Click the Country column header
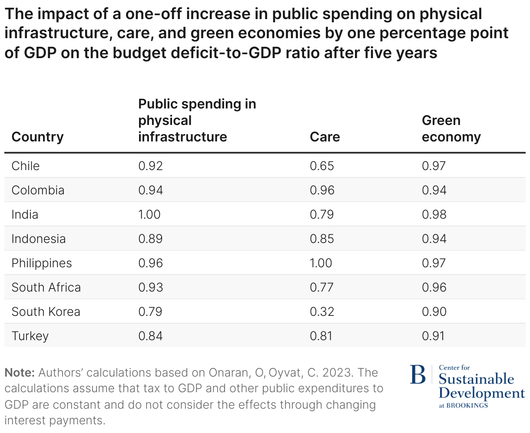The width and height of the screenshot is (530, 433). pyautogui.click(x=37, y=137)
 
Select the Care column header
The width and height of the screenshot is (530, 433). pyautogui.click(x=325, y=137)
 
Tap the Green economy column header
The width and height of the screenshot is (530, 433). pyautogui.click(x=451, y=128)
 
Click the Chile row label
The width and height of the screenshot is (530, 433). pyautogui.click(x=26, y=166)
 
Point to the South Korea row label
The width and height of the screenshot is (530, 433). pyautogui.click(x=46, y=312)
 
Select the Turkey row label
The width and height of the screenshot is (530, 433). pyautogui.click(x=30, y=336)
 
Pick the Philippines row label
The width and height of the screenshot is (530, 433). pyautogui.click(x=42, y=263)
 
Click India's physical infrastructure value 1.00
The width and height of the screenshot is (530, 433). pyautogui.click(x=149, y=214)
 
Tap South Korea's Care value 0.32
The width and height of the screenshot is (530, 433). pyautogui.click(x=322, y=312)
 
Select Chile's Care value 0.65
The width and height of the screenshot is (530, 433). pyautogui.click(x=322, y=166)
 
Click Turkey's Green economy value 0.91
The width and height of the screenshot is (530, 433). pyautogui.click(x=433, y=336)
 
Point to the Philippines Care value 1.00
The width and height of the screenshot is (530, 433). pyautogui.click(x=321, y=263)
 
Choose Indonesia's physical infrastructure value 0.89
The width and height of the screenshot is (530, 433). pyautogui.click(x=150, y=239)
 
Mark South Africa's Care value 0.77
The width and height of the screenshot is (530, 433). pyautogui.click(x=321, y=287)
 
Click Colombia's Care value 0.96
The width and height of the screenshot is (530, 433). pyautogui.click(x=322, y=190)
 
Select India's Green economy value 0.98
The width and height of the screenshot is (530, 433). pyautogui.click(x=434, y=214)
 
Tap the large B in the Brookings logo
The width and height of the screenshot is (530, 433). pyautogui.click(x=418, y=375)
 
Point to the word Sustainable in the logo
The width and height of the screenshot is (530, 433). pyautogui.click(x=476, y=379)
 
